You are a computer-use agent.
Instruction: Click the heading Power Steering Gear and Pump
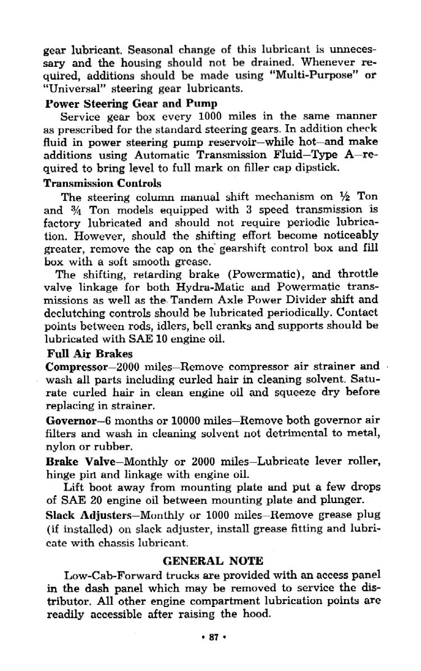[130, 103]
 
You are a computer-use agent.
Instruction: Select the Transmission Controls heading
[102, 183]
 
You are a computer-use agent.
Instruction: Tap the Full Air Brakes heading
[90, 354]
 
